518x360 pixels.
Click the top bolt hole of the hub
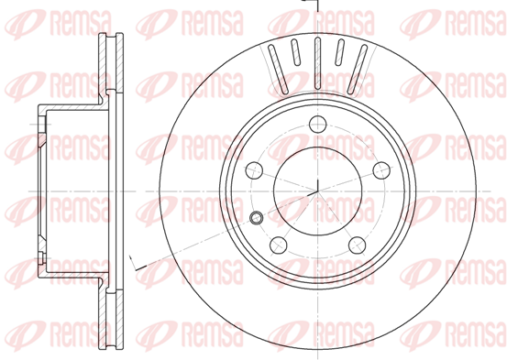click(x=318, y=125)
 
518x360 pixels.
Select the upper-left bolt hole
click(x=254, y=170)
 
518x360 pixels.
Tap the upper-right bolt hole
click(x=381, y=170)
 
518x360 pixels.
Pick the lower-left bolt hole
click(x=279, y=245)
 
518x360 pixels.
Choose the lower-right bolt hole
click(x=358, y=245)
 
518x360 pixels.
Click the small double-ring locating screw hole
click(x=256, y=218)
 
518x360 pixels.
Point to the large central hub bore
click(x=318, y=191)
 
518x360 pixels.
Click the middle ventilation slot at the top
click(x=318, y=63)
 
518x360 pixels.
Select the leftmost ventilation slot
click(x=278, y=69)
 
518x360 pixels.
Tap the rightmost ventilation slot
click(x=358, y=69)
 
